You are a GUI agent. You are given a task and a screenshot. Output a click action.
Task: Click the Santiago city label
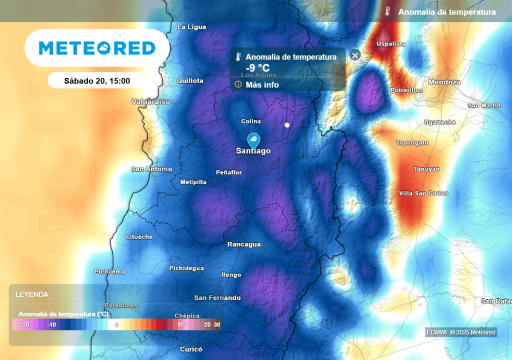point(253,150)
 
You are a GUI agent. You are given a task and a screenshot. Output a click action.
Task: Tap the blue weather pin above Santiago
point(254,139)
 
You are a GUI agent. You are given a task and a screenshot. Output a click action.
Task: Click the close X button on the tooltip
point(355,55)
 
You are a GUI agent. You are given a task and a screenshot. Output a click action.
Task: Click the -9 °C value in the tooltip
point(257,68)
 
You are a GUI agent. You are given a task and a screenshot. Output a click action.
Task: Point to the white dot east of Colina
point(287,124)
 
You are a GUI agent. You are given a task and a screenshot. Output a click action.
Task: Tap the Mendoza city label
point(444,82)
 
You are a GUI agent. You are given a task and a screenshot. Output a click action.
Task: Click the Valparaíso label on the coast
point(150,102)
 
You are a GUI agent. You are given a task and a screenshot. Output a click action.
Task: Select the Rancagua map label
point(244,244)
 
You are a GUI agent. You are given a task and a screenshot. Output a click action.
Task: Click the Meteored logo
point(97,48)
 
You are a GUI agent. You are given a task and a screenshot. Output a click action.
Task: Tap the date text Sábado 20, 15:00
point(97,80)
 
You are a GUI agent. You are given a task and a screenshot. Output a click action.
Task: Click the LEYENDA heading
point(32,294)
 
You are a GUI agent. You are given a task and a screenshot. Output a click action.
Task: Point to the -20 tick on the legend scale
point(25,324)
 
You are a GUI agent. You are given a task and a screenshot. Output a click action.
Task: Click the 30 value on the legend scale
point(216,324)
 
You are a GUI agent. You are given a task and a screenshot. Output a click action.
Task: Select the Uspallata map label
point(390,44)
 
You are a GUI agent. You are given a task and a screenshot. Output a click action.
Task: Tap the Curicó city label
point(190,349)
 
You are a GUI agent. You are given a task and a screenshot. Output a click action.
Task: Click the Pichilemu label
point(109,271)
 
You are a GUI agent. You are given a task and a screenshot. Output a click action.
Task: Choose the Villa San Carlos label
point(423,193)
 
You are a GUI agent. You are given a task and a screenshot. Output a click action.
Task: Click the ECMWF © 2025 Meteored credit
point(461,332)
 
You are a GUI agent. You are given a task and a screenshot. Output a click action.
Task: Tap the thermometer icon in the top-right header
point(387,11)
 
